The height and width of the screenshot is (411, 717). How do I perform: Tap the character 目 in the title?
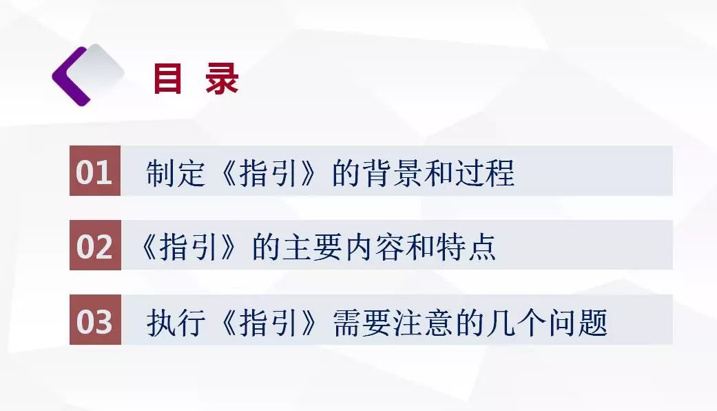167,79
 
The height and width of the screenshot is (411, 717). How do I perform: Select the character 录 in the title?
222,79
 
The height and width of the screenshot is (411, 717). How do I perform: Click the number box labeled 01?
95,171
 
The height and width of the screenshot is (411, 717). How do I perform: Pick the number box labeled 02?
95,245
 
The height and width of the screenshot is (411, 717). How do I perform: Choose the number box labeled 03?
95,319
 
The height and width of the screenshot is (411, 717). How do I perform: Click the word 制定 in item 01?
176,173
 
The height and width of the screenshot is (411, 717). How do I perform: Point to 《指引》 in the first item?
268,173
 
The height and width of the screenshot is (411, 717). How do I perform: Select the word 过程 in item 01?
484,173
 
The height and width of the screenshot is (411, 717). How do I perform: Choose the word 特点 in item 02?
466,247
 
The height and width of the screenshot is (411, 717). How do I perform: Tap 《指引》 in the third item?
268,322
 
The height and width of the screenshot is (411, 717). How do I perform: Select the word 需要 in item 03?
362,322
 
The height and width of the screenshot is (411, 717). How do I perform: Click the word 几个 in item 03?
516,322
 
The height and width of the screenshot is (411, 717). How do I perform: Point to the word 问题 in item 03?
578,322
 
